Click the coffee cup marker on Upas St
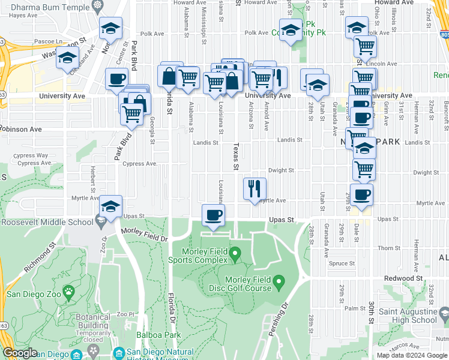[213, 215]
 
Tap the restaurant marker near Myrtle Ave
[255, 189]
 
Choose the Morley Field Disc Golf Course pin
[279, 281]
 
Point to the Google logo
[20, 353]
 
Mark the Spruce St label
[342, 263]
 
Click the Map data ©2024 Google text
[412, 355]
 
